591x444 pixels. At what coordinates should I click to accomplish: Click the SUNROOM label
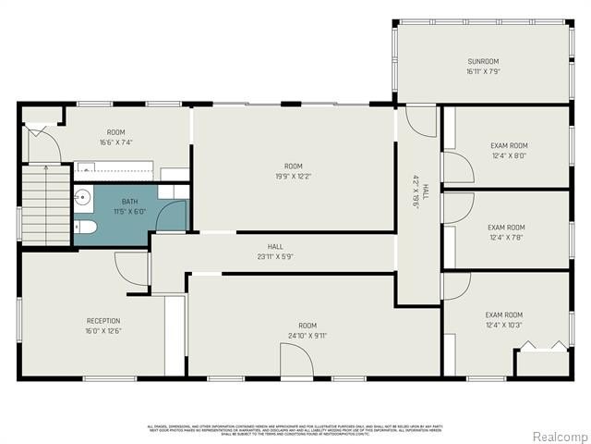coord(483,60)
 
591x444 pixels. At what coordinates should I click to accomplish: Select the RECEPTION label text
coord(103,321)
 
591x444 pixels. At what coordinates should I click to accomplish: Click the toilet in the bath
coord(83,228)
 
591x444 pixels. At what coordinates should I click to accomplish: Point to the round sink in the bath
coord(83,197)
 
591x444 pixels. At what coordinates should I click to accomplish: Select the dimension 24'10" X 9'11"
coord(307,336)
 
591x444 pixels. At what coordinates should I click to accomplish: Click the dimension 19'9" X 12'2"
coord(293,176)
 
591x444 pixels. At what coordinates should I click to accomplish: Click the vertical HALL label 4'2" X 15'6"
coord(416,191)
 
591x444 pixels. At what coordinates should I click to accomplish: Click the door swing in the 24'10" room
coord(297,359)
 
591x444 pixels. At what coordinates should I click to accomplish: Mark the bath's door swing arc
coord(172,216)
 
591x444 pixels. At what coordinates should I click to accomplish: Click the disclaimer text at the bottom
coord(295,428)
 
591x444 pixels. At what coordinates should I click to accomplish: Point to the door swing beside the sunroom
coord(421,122)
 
